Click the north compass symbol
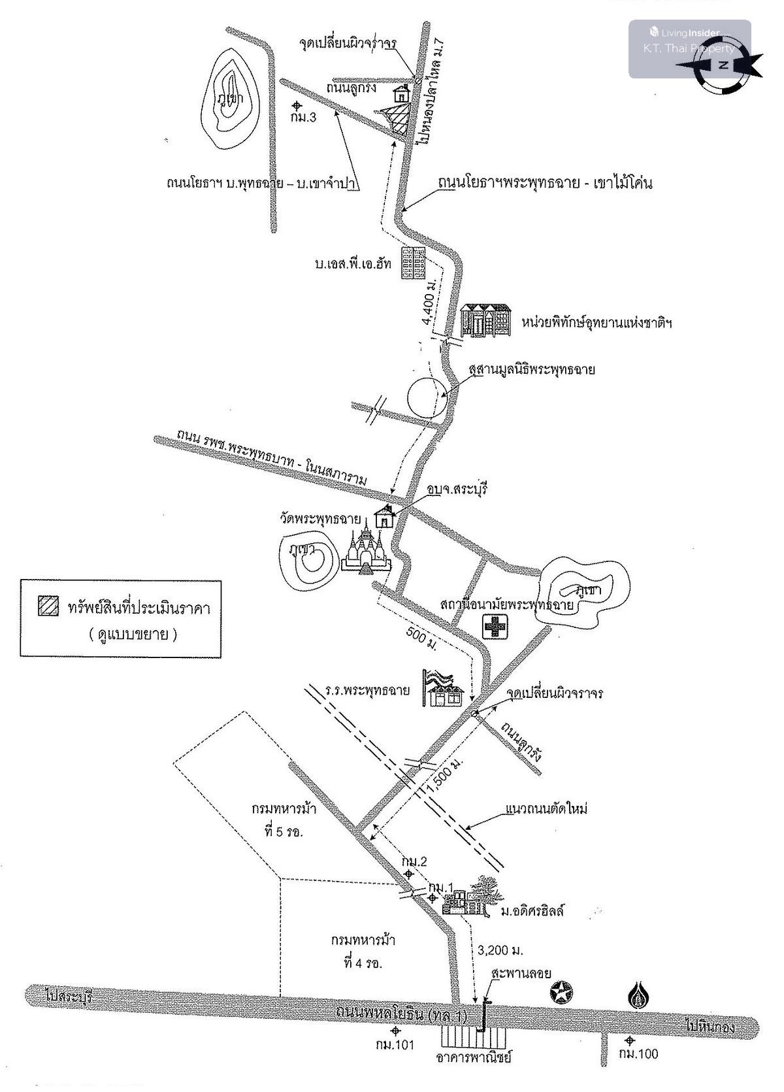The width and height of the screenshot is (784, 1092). point(723,65)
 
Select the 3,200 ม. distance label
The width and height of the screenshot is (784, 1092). point(500,950)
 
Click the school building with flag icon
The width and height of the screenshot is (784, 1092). point(445,688)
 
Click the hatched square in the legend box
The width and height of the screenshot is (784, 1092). point(48,607)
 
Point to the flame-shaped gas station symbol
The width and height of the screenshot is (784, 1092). point(638,995)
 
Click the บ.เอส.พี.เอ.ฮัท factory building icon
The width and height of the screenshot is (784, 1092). point(413,263)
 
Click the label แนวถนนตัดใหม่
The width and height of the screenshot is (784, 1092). point(546,809)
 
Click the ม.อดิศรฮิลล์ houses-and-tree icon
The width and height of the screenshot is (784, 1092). point(470,897)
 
